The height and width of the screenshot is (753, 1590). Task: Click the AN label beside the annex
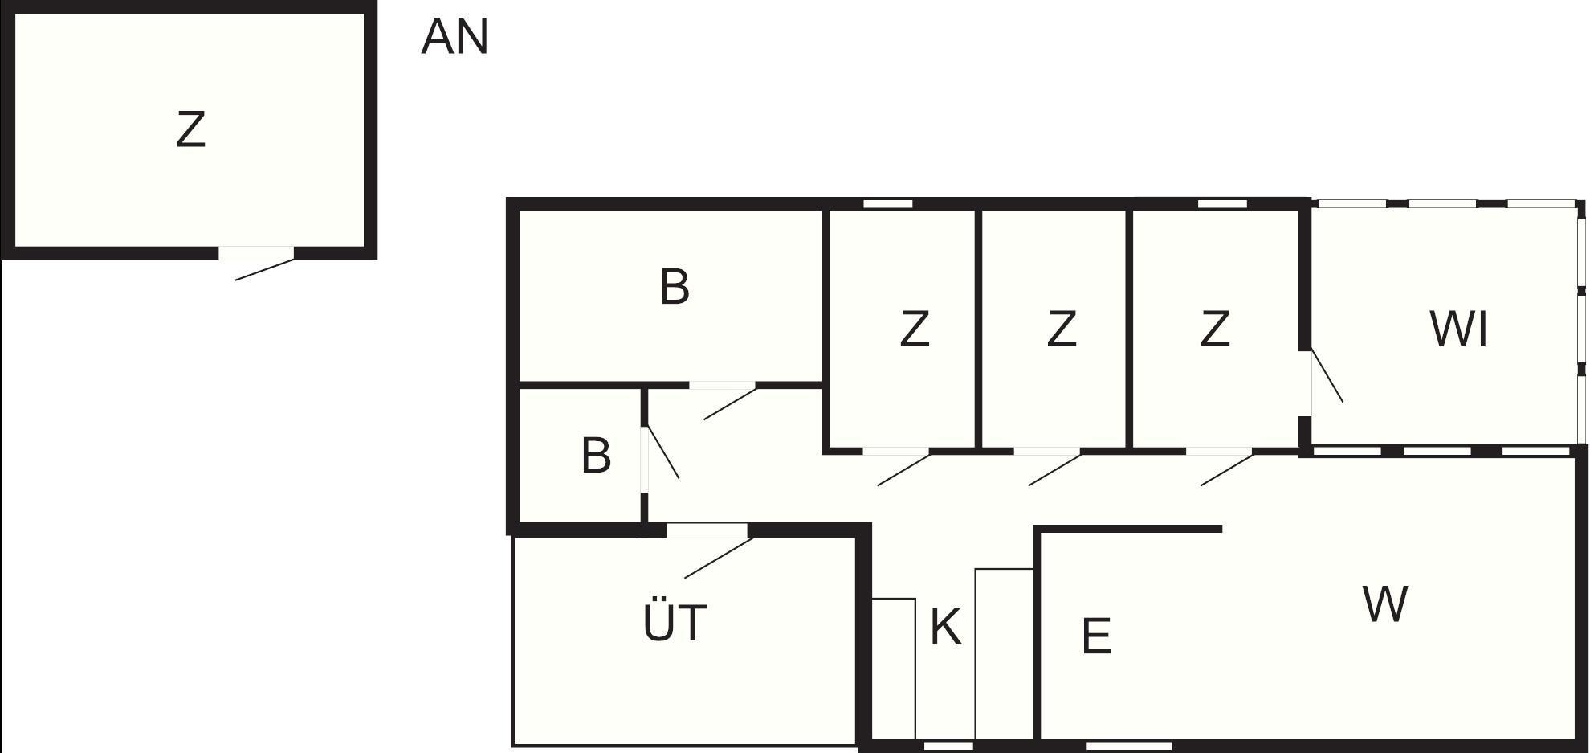pyautogui.click(x=455, y=38)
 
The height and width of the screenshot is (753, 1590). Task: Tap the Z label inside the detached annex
pyautogui.click(x=190, y=129)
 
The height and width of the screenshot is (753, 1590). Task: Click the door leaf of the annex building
pyautogui.click(x=265, y=269)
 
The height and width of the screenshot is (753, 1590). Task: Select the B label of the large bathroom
pyautogui.click(x=675, y=287)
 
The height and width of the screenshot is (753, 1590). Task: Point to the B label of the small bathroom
pyautogui.click(x=596, y=456)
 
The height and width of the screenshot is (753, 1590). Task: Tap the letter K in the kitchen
pyautogui.click(x=945, y=627)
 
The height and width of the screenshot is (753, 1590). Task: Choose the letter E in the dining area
pyautogui.click(x=1096, y=636)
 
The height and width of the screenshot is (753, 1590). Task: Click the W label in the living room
pyautogui.click(x=1385, y=604)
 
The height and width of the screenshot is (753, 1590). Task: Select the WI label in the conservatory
pyautogui.click(x=1458, y=329)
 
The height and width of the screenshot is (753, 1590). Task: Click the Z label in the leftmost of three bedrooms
pyautogui.click(x=915, y=329)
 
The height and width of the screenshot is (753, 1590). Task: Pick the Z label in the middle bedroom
pyautogui.click(x=1062, y=329)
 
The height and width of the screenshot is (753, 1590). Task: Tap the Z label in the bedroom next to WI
pyautogui.click(x=1214, y=329)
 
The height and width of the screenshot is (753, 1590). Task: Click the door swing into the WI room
pyautogui.click(x=1327, y=374)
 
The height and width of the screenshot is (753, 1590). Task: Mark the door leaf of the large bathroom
pyautogui.click(x=730, y=403)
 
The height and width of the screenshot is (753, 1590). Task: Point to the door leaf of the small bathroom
pyautogui.click(x=663, y=452)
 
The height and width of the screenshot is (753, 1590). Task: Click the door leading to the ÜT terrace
pyautogui.click(x=719, y=558)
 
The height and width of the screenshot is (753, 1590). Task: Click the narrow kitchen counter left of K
pyautogui.click(x=894, y=669)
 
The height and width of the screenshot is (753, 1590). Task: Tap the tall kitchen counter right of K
pyautogui.click(x=1005, y=654)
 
